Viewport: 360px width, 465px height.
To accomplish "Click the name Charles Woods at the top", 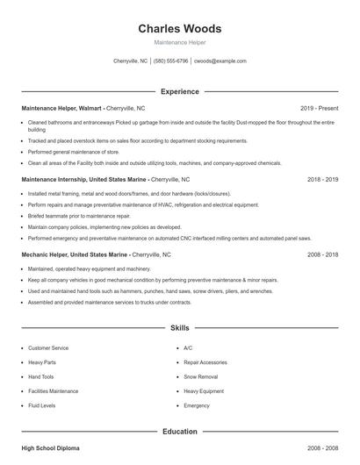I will pyautogui.click(x=180, y=28).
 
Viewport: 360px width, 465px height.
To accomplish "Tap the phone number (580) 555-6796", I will pyautogui.click(x=170, y=61).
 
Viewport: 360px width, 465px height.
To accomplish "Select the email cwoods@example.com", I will pyautogui.click(x=220, y=61).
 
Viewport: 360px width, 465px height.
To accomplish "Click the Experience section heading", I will pyautogui.click(x=180, y=91).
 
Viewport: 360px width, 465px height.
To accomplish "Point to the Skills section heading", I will pyautogui.click(x=180, y=327).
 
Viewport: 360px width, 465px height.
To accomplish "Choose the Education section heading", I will pyautogui.click(x=180, y=431).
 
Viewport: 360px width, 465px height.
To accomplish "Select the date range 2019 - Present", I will pyautogui.click(x=319, y=108).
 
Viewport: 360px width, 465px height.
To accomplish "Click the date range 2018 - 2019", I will pyautogui.click(x=323, y=179).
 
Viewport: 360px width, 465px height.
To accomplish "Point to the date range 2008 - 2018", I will pyautogui.click(x=323, y=254).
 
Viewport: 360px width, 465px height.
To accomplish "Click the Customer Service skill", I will pyautogui.click(x=48, y=347).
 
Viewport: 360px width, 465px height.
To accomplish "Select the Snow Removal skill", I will pyautogui.click(x=200, y=376).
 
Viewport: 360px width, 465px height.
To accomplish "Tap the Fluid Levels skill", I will pyautogui.click(x=42, y=405).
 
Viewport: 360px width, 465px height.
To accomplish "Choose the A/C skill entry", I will pyautogui.click(x=188, y=347).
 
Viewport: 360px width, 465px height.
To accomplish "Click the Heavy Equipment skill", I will pyautogui.click(x=204, y=390).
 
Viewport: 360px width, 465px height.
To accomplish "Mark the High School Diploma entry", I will pyautogui.click(x=50, y=447).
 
